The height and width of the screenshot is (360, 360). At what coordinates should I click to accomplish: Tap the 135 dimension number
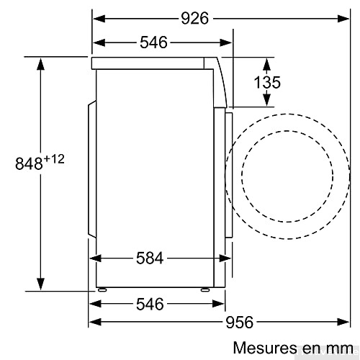[x=267, y=82]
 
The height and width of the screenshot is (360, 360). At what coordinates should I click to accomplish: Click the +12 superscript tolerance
[x=55, y=158]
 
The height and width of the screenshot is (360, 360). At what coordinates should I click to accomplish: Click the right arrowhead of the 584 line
[x=220, y=258]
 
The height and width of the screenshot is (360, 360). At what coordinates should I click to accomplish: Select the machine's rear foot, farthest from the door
[x=102, y=289]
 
